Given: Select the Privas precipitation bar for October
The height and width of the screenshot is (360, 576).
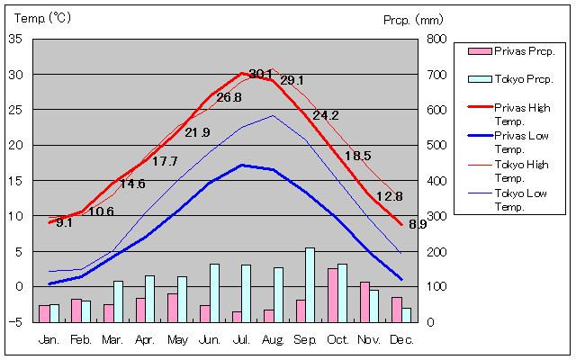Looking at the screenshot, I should point(333,295).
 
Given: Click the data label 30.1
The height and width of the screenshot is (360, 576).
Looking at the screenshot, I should point(261,74).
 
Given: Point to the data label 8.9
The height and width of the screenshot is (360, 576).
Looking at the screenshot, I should point(418,224).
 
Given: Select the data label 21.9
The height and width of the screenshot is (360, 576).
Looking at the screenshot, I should point(197,132).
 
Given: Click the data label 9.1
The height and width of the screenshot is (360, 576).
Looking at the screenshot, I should point(64,222).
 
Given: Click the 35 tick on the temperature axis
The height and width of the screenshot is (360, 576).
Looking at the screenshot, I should point(16,39).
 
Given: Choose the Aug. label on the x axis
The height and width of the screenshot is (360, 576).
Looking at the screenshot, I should point(273,339).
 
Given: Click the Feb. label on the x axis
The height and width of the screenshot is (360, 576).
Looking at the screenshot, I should point(81,339).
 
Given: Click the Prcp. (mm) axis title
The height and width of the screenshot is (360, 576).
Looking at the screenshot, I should point(413,19).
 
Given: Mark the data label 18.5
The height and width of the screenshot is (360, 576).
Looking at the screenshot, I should point(358,156).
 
